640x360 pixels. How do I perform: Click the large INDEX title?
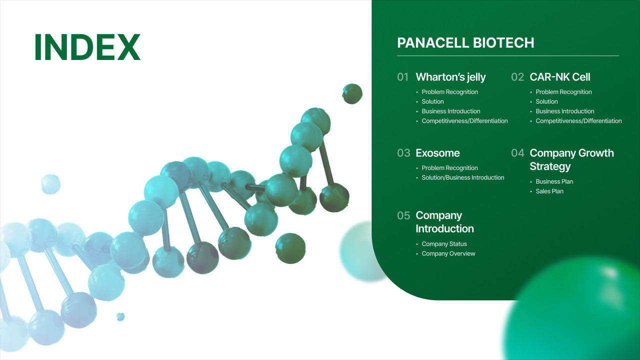click(87, 47)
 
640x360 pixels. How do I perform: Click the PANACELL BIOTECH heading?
click(465, 43)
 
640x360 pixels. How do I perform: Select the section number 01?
click(403, 77)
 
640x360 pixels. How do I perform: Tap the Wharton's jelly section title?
click(450, 77)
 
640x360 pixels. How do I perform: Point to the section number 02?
click(517, 77)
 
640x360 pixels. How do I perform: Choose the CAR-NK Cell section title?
click(559, 77)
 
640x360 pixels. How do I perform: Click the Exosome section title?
click(437, 153)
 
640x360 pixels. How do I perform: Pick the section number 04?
click(517, 153)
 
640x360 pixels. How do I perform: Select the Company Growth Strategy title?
click(571, 159)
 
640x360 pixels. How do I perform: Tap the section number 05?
click(403, 215)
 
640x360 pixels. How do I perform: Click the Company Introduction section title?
click(444, 222)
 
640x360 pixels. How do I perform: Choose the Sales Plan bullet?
click(549, 191)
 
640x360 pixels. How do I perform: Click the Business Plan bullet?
click(554, 181)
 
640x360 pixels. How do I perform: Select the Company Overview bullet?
click(448, 253)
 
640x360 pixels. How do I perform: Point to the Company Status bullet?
click(444, 244)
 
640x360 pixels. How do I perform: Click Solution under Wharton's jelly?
click(432, 101)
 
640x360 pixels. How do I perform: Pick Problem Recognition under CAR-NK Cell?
click(563, 92)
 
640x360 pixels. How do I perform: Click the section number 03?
click(403, 153)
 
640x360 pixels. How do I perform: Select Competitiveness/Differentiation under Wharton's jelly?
click(464, 121)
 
